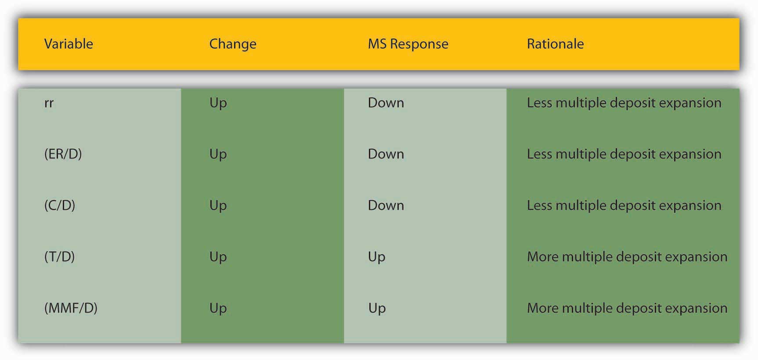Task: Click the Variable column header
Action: tap(69, 44)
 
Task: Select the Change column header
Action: tap(233, 44)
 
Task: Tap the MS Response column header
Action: tap(408, 44)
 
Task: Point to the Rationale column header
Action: tap(555, 44)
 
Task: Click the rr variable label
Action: tap(49, 103)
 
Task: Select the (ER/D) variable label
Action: tap(63, 154)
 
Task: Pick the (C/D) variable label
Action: tap(60, 205)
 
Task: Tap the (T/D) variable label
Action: tap(59, 257)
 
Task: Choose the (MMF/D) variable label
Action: tap(71, 308)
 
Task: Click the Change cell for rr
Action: tap(218, 104)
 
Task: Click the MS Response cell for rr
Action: tap(386, 103)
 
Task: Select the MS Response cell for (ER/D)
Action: tap(386, 154)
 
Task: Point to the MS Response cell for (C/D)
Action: tap(386, 205)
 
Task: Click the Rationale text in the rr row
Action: tap(624, 103)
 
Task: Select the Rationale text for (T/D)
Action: tap(627, 257)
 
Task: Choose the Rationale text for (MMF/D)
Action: tap(627, 309)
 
